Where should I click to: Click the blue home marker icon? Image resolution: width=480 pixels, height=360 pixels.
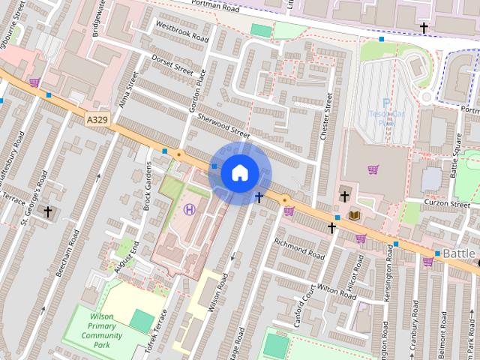click(x=239, y=172)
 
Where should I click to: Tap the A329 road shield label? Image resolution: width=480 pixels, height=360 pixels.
click(x=96, y=120)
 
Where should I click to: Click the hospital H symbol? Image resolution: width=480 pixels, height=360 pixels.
click(x=189, y=209)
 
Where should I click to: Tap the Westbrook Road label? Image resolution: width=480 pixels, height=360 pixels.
click(x=181, y=31)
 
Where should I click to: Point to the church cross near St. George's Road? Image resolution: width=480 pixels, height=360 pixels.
click(x=49, y=212)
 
